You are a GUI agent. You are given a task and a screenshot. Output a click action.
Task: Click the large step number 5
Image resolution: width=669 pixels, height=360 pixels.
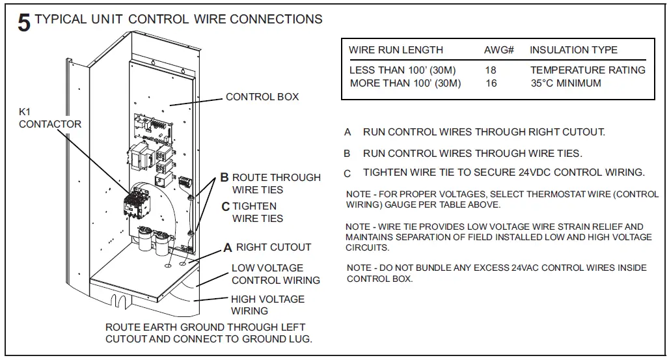point(24,23)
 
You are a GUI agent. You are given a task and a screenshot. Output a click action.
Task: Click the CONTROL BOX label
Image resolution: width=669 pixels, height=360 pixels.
point(262,97)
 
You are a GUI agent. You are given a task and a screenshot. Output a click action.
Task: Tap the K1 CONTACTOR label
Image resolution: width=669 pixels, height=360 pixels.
point(49,118)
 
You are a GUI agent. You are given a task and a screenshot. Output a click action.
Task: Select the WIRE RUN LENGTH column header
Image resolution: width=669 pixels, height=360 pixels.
point(396,50)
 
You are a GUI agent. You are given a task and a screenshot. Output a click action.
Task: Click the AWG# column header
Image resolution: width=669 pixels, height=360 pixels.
point(499,50)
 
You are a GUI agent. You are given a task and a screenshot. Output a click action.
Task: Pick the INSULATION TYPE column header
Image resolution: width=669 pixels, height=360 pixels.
point(573,50)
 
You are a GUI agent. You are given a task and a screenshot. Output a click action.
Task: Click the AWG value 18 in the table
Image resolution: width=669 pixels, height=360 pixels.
point(491,70)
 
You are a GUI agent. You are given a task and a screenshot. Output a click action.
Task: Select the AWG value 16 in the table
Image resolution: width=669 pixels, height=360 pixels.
point(491,83)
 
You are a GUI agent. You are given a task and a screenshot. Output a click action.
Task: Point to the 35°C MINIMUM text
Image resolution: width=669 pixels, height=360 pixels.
point(566,83)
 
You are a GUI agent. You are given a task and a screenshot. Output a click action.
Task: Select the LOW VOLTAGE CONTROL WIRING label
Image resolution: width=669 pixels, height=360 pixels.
point(275,274)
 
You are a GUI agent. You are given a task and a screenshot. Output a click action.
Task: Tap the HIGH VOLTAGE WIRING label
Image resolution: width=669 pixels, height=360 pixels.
point(267,305)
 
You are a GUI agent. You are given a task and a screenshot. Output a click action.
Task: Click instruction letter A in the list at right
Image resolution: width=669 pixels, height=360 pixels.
point(348,132)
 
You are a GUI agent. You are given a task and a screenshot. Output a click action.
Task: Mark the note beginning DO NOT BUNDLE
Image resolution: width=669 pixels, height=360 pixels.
point(496,273)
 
